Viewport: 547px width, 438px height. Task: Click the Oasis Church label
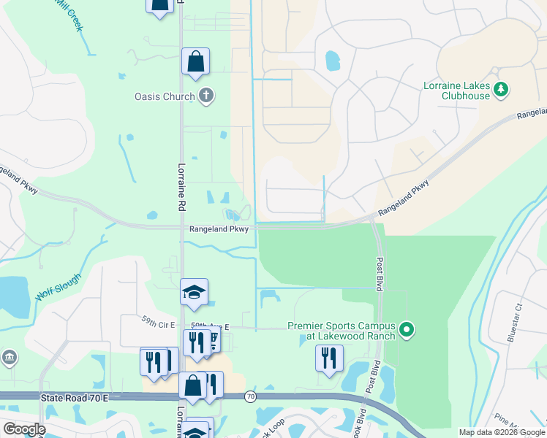pos(165,96)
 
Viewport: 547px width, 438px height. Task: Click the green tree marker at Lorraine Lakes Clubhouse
pos(501,90)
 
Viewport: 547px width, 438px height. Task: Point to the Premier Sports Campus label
pos(342,331)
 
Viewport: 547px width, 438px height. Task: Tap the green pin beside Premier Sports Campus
pos(408,331)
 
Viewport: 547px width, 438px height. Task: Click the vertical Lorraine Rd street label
pos(178,188)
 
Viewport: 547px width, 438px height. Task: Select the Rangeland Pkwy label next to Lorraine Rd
pos(219,229)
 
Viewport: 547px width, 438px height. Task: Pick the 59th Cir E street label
pos(160,319)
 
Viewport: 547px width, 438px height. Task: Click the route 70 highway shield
pos(251,396)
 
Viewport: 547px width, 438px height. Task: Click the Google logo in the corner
pos(23,429)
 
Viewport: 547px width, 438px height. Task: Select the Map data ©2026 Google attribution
pos(501,432)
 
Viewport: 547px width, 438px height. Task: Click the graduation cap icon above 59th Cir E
pos(194,292)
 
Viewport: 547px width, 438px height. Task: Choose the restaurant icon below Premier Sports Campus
pos(329,358)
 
